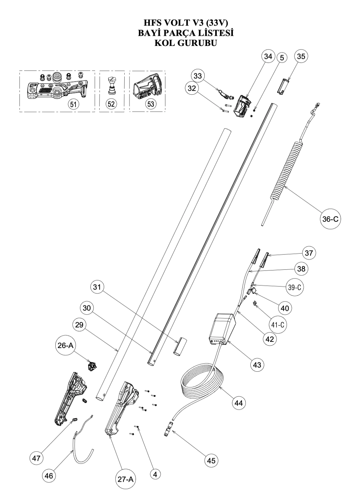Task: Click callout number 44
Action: [x=238, y=403]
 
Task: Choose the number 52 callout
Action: [x=111, y=104]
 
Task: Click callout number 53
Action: [x=150, y=104]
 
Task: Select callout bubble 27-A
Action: [x=126, y=479]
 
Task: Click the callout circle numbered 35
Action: [x=301, y=56]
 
